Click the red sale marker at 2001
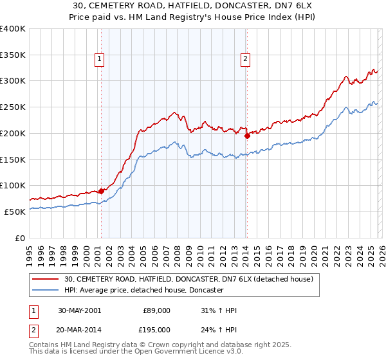tap(102, 191)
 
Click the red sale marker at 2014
tap(247, 136)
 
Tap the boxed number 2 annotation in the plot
tap(246, 60)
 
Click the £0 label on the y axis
tap(19, 238)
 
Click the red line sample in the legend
tap(46, 279)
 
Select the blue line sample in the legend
tap(46, 291)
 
